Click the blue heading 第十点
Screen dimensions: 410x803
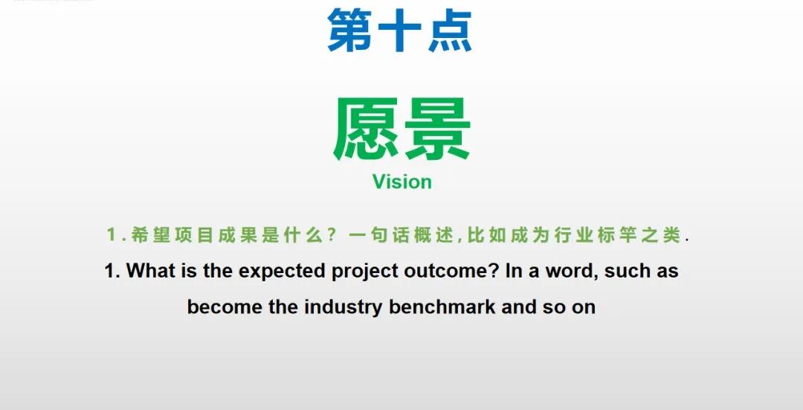point(400,31)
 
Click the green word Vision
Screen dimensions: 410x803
point(401,182)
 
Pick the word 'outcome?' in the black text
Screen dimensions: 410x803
point(451,271)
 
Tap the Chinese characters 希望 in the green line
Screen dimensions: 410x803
point(150,236)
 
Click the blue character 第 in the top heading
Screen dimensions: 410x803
point(350,31)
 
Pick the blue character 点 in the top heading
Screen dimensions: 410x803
point(450,31)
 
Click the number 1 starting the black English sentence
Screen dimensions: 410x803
point(110,271)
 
